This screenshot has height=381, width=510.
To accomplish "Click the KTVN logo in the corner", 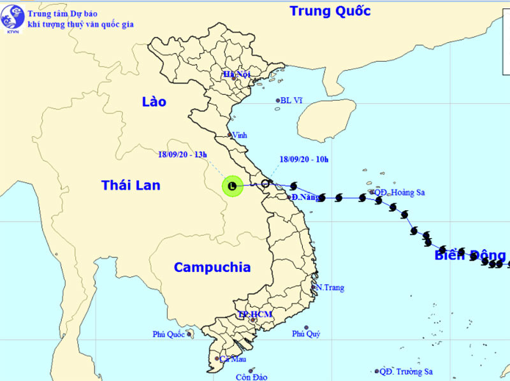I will (x=13, y=18).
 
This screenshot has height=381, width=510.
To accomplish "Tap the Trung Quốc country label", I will (x=330, y=11).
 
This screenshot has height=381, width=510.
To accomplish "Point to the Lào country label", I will (x=154, y=102).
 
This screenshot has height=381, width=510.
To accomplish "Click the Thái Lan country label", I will (x=131, y=185).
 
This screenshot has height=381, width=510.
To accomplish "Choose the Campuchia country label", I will (x=212, y=268).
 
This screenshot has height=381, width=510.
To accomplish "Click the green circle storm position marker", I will (x=232, y=186).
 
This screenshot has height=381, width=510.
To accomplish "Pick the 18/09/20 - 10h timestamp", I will (x=303, y=159).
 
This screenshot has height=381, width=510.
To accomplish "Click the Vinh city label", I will (x=240, y=135).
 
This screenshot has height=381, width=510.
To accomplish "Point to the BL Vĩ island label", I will (x=291, y=100).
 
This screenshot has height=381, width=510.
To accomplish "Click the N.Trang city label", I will (x=330, y=287).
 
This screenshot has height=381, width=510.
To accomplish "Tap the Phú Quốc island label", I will (x=168, y=334).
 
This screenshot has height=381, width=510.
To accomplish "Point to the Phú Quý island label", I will (x=306, y=334).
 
